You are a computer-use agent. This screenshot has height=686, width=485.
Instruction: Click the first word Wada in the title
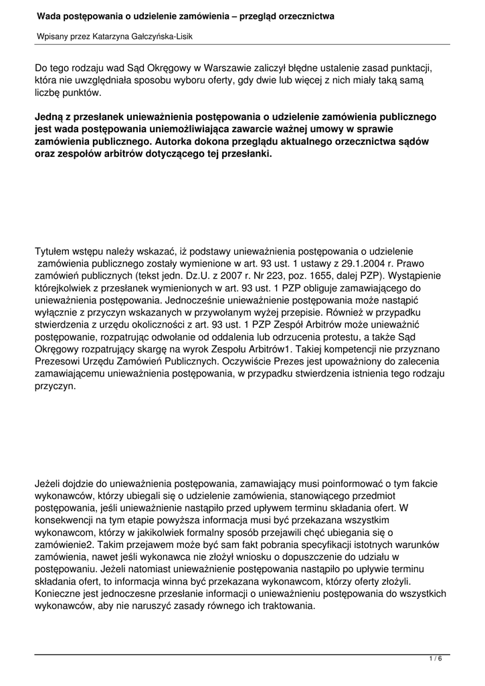pyautogui.click(x=48, y=15)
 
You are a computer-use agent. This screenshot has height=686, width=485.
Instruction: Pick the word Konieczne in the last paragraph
pyautogui.click(x=58, y=593)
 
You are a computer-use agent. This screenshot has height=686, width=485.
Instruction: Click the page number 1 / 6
pyautogui.click(x=435, y=659)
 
